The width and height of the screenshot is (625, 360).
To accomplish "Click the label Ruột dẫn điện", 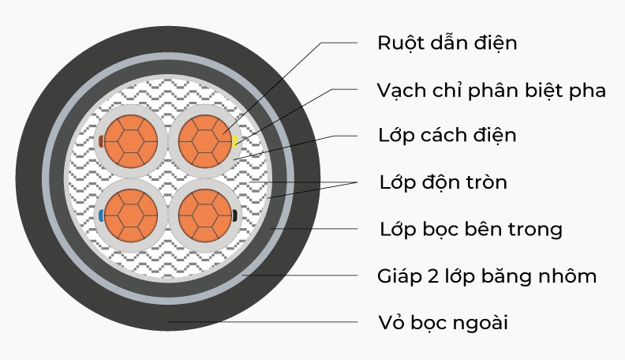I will pyautogui.click(x=447, y=43).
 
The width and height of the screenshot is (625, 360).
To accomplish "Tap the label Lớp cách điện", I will pyautogui.click(x=447, y=136).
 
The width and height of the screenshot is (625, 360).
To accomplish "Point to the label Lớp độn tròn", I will pyautogui.click(x=443, y=183).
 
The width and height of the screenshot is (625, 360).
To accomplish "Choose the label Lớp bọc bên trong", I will pyautogui.click(x=470, y=230).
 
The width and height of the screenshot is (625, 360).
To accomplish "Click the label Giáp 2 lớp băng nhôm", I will pyautogui.click(x=487, y=276).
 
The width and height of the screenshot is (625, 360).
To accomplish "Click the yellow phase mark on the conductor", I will pyautogui.click(x=235, y=141).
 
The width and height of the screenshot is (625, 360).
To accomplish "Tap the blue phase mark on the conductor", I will pyautogui.click(x=100, y=215).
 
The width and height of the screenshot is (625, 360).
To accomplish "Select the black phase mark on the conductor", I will pyautogui.click(x=235, y=215).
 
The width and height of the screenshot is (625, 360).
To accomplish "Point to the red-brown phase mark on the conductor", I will pyautogui.click(x=100, y=141).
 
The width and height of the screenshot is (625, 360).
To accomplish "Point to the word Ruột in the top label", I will pyautogui.click(x=399, y=43).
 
